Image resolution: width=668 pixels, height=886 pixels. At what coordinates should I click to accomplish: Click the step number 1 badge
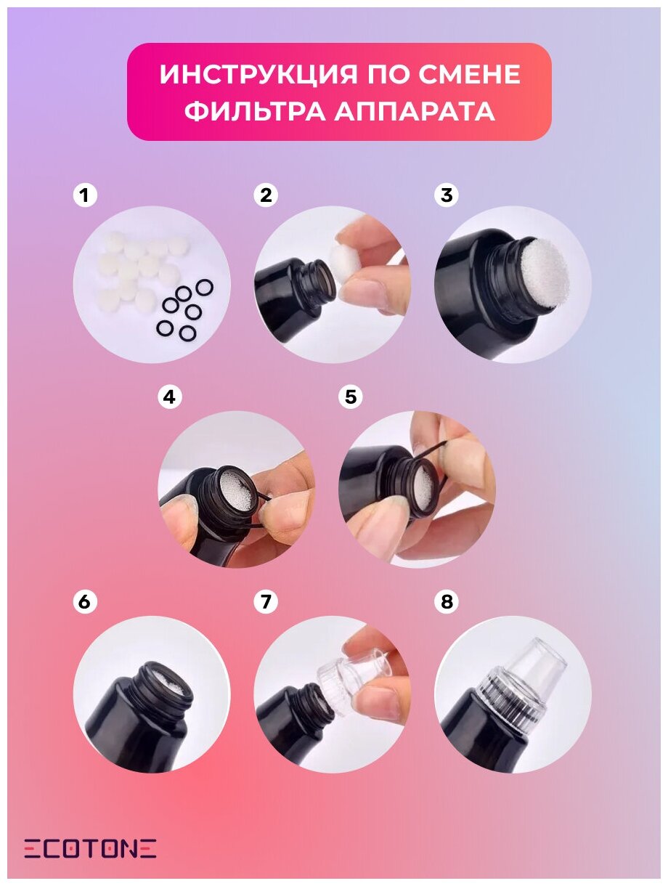(x=84, y=195)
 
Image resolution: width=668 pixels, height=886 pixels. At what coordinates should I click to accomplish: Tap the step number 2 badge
(x=266, y=195)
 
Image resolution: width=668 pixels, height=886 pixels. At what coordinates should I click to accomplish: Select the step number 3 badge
(x=446, y=195)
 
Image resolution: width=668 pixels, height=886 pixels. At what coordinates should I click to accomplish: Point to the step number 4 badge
(x=169, y=397)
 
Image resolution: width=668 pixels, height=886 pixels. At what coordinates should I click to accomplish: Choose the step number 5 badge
(x=351, y=397)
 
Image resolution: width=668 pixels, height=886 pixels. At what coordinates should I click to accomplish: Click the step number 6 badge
(x=84, y=602)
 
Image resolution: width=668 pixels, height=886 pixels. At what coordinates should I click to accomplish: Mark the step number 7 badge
(x=266, y=602)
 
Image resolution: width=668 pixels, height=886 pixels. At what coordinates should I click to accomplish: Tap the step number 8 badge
(x=446, y=602)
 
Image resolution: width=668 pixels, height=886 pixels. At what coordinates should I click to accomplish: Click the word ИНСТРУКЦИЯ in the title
(x=258, y=74)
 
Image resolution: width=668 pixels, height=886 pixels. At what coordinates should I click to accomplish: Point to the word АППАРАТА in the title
(x=415, y=110)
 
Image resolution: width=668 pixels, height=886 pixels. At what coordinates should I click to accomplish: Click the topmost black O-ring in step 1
(x=204, y=288)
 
